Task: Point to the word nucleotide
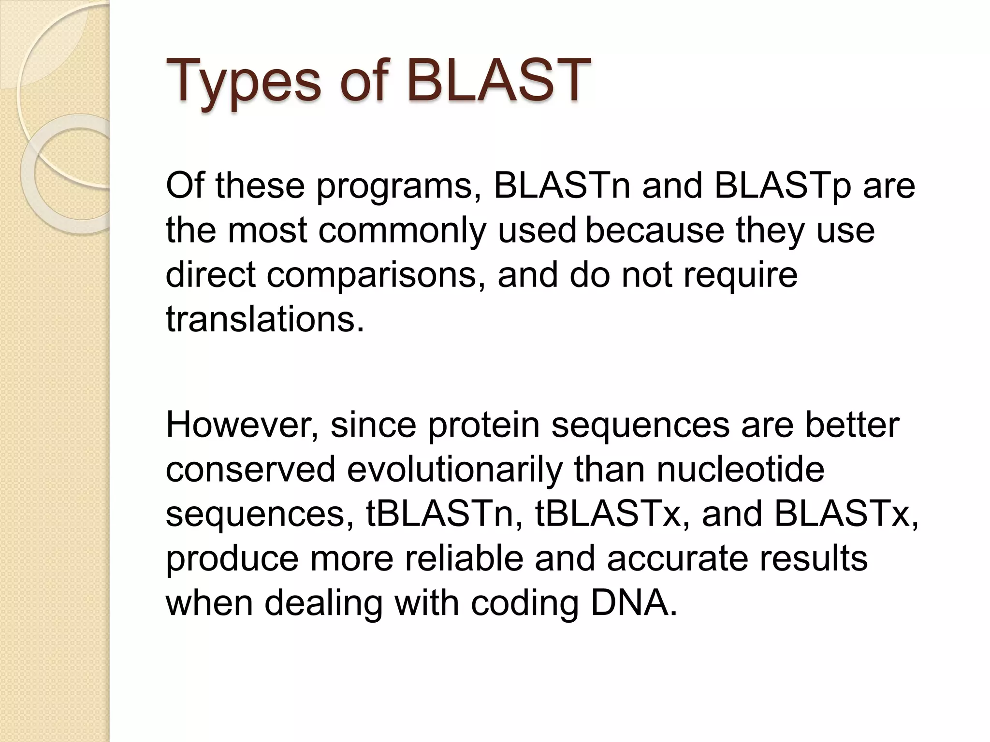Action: pyautogui.click(x=740, y=469)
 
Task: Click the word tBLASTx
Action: pyautogui.click(x=612, y=514)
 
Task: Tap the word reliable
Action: pyautogui.click(x=464, y=558)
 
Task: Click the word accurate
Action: pyautogui.click(x=677, y=558)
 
